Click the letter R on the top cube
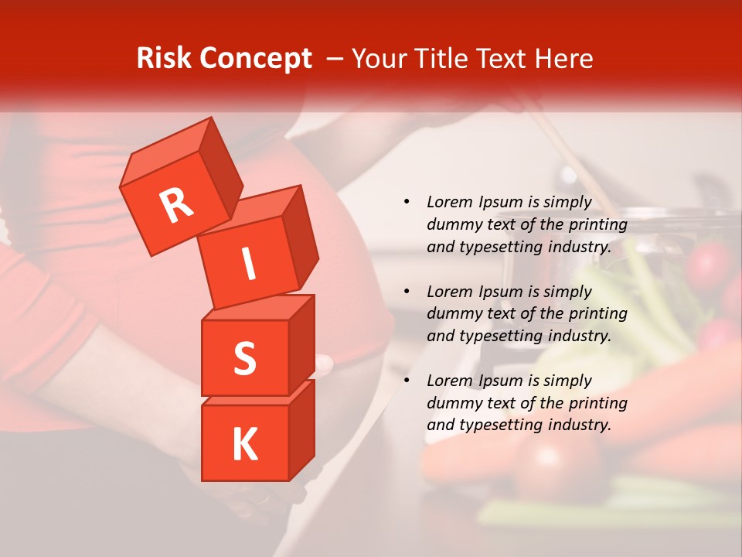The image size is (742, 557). pos(177,206)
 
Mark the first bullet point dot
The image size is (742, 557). pos(407,203)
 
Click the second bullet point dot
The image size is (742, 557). pos(407,292)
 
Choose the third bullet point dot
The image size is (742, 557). pos(407,381)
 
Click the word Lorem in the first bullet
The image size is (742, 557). pos(449,203)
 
